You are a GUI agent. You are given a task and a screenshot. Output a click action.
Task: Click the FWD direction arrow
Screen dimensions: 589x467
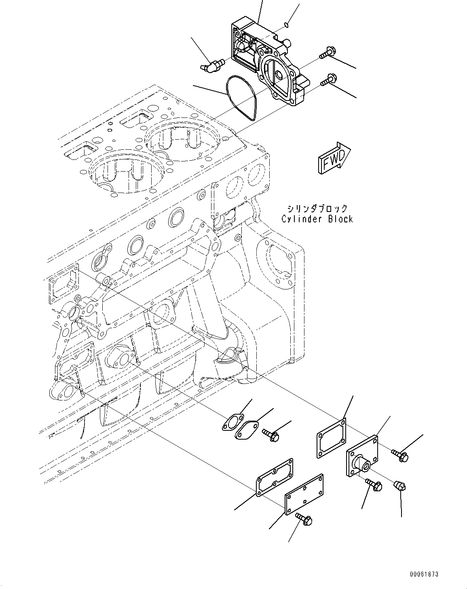(334, 159)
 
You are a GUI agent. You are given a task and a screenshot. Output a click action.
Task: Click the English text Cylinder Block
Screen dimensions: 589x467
(317, 219)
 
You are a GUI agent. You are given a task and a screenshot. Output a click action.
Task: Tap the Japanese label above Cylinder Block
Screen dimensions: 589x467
(317, 208)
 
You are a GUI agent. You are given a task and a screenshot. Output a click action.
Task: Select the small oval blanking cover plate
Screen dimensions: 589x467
(248, 429)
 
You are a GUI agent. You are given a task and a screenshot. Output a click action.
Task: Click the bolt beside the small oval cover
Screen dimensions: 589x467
(270, 434)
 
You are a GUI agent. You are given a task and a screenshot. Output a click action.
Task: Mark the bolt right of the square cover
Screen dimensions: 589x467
(400, 455)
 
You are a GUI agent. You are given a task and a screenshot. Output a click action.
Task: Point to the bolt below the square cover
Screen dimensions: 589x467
(374, 485)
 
